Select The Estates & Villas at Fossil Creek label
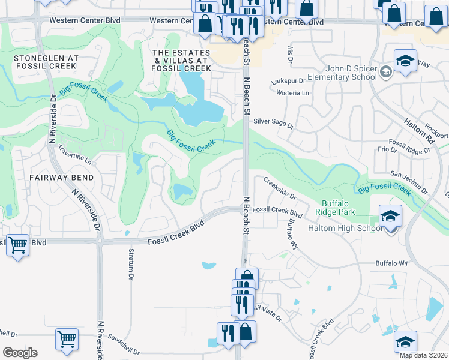[181, 61]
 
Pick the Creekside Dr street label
[279, 190]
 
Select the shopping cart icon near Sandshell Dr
[67, 339]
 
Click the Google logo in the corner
[20, 353]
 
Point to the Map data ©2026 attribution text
[423, 355]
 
